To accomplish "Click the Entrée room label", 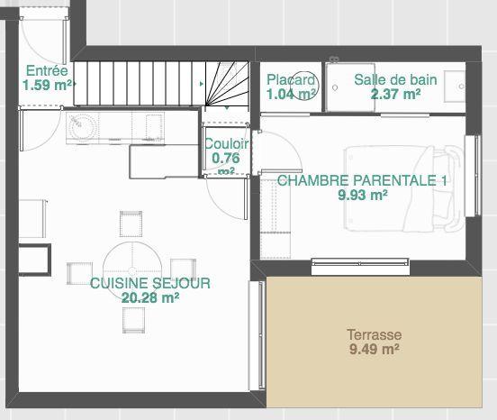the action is coord(47,70).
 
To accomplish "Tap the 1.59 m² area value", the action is coord(47,85).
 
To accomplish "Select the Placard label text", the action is coord(291,79).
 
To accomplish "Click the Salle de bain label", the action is coord(395,79).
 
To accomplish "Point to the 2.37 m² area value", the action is coord(396,94).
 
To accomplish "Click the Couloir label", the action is coord(226,144).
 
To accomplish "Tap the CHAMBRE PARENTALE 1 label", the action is coord(362,180).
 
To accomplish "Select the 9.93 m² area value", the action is coord(363,195).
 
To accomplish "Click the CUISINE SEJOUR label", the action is coord(150,283).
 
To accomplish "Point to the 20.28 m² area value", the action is coord(150,297).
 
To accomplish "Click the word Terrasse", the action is coord(375,334).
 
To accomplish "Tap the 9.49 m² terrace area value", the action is coord(375,350).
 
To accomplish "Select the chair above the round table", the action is coord(131,224).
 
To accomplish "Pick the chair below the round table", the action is coord(134,320).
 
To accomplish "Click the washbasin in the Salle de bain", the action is coord(455,87).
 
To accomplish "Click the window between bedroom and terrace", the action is coord(360,266).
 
